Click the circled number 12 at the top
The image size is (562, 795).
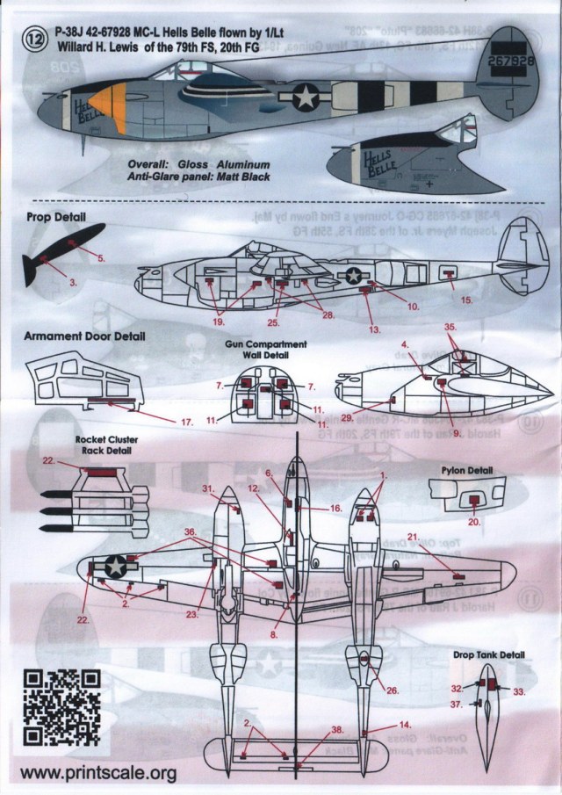[34, 37]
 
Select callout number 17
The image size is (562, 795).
[186, 422]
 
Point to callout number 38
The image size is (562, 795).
[337, 729]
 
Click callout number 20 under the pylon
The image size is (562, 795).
[473, 523]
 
